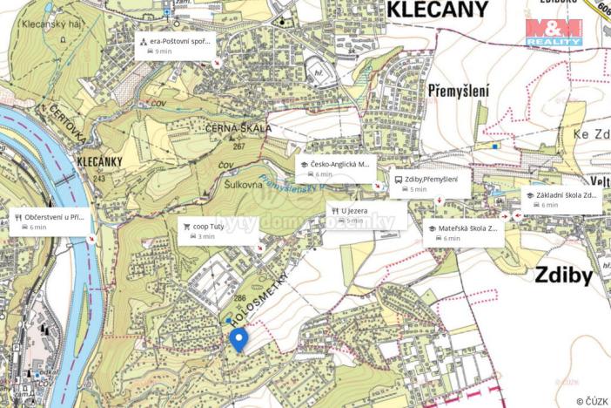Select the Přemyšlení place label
click(459, 90)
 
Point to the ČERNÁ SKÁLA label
click(239, 128)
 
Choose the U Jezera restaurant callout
click(366, 214)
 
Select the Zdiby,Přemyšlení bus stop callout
click(429, 183)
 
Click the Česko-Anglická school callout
click(335, 168)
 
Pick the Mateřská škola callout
click(464, 233)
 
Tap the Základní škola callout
click(561, 200)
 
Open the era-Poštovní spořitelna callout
click(175, 45)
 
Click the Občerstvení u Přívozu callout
click(50, 221)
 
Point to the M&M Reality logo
click(554, 32)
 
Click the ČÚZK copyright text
click(592, 401)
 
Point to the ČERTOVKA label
click(65, 116)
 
